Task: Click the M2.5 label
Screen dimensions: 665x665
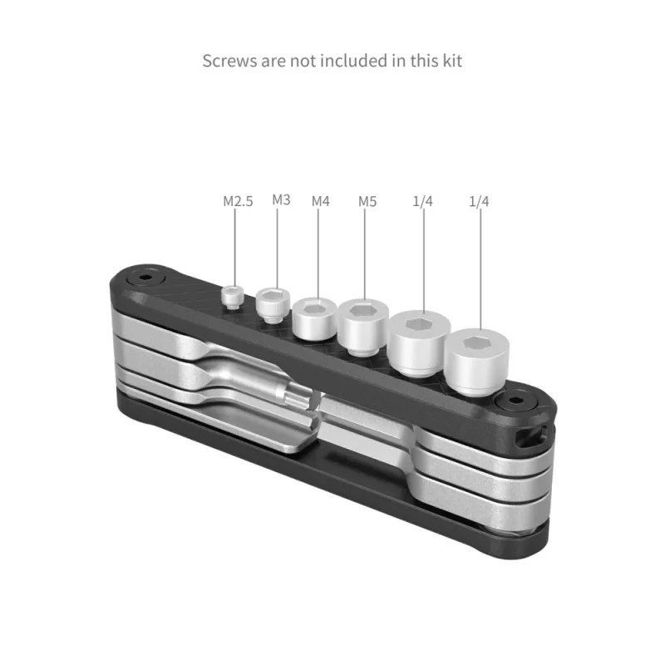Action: (x=238, y=201)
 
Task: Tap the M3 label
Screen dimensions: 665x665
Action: (x=281, y=199)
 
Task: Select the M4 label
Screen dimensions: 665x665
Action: (x=321, y=201)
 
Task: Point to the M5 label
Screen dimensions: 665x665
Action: (x=367, y=201)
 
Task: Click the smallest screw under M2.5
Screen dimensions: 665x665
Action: (x=233, y=297)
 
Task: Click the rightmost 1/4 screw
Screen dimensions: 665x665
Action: (x=477, y=362)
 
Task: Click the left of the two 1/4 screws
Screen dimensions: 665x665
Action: (x=420, y=343)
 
